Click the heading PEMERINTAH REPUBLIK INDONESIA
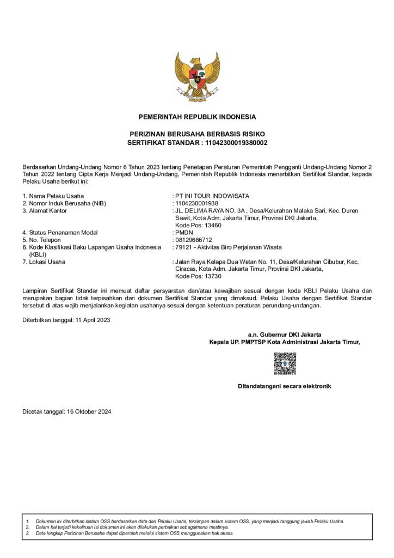click(x=197, y=117)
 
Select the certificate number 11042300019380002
click(x=235, y=143)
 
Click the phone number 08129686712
click(x=193, y=240)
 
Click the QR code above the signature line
click(x=285, y=363)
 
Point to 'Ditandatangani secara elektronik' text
click(x=285, y=386)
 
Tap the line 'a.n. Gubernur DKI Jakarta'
click(x=285, y=335)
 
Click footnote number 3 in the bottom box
click(x=27, y=533)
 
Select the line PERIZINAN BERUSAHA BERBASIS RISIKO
click(x=197, y=134)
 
